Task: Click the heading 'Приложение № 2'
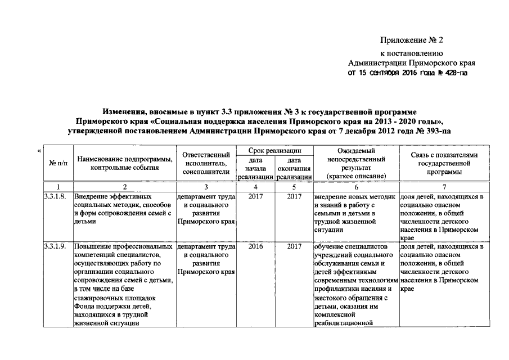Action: pyautogui.click(x=412, y=40)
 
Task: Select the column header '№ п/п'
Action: pyautogui.click(x=57, y=163)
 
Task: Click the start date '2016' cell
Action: pyautogui.click(x=255, y=246)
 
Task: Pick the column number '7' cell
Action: pyautogui.click(x=444, y=187)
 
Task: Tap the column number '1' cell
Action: pyautogui.click(x=57, y=187)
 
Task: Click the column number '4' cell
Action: pyautogui.click(x=255, y=187)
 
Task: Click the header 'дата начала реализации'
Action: pyautogui.click(x=255, y=168)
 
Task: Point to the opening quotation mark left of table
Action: pyautogui.click(x=39, y=150)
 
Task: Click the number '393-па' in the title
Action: pyautogui.click(x=438, y=130)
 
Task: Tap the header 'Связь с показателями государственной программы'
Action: pyautogui.click(x=444, y=163)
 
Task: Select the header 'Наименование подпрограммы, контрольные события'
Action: pyautogui.click(x=125, y=163)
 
